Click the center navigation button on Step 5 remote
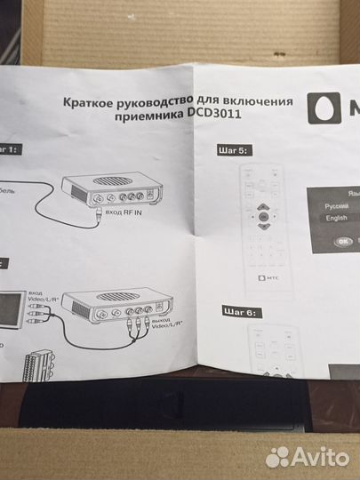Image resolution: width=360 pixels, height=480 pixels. (262, 215)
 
